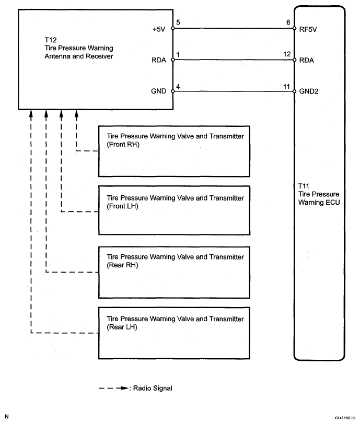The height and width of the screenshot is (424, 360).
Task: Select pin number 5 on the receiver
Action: (178, 23)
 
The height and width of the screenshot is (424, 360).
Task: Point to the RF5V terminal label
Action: (308, 29)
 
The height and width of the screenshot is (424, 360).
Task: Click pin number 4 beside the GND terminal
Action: (178, 85)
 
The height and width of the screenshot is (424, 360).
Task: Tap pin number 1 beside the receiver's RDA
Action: (178, 54)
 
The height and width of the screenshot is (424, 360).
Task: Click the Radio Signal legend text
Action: (153, 388)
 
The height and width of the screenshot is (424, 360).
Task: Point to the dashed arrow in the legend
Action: (114, 388)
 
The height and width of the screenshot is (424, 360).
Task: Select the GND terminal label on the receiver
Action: (159, 91)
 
